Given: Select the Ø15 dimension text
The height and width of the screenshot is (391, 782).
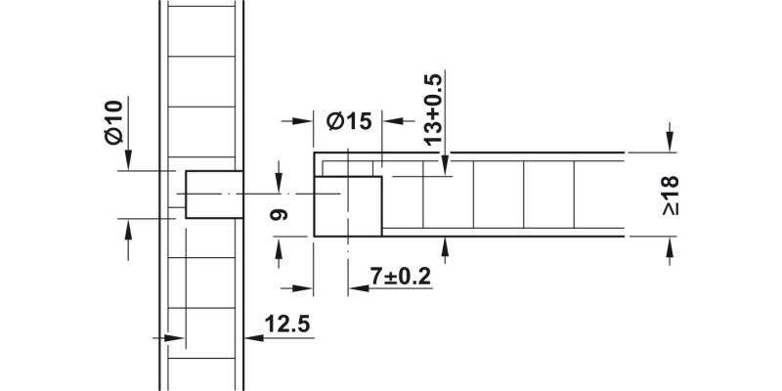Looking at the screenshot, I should click(349, 121).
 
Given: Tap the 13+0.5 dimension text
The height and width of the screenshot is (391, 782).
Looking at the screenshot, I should click(434, 109).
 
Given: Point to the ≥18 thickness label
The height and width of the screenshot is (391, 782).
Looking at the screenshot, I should click(671, 195).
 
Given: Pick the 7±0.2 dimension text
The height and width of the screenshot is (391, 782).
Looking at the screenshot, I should click(401, 277).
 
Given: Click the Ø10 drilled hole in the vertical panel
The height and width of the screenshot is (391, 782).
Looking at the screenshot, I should click(213, 195).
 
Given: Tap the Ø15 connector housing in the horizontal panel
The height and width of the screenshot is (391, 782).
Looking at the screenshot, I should click(347, 206).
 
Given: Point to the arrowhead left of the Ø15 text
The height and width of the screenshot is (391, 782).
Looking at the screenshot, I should click(304, 121).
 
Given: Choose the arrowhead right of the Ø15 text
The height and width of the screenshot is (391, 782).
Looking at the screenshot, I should click(390, 121).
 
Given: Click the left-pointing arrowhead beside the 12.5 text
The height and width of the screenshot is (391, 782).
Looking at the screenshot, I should click(252, 338).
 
